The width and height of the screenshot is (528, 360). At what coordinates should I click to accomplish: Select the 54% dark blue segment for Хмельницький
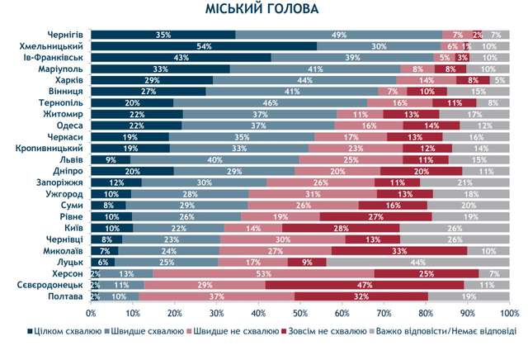tap(204, 47)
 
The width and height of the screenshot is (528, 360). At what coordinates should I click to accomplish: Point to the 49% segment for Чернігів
tap(338, 36)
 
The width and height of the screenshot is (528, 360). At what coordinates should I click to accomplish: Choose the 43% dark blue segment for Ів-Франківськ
tap(181, 59)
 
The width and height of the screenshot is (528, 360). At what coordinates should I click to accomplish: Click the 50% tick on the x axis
tap(299, 313)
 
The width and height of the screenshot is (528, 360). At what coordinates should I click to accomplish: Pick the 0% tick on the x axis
tap(91, 313)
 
